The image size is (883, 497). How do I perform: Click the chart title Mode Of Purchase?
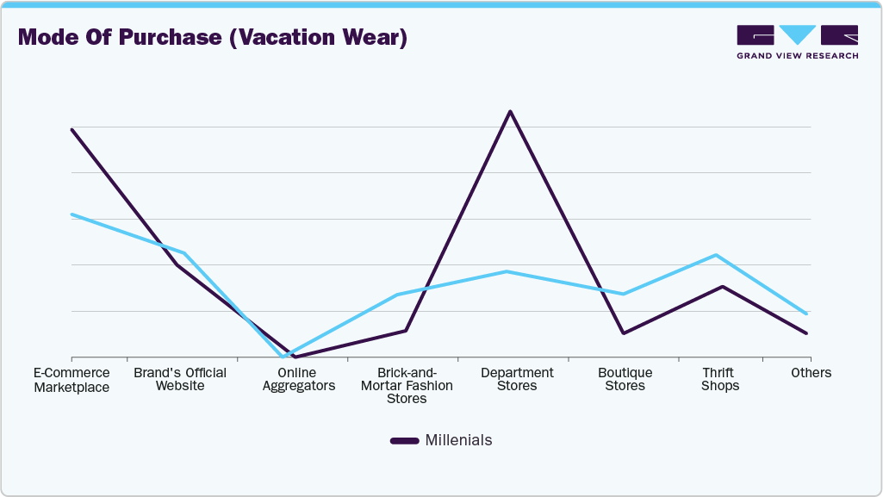[x=212, y=38]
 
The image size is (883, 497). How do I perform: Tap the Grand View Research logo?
[x=797, y=42]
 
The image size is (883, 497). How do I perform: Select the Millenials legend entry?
[x=441, y=440]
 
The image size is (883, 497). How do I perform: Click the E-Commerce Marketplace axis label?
[x=72, y=380]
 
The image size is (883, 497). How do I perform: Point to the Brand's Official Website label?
[x=180, y=380]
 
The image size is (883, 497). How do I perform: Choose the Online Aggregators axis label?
[x=295, y=380]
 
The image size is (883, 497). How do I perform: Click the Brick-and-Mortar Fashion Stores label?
[x=407, y=386]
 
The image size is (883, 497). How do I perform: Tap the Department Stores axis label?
[x=517, y=380]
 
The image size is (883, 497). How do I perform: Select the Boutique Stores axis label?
[x=625, y=380]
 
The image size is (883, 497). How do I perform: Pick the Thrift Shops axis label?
[x=719, y=380]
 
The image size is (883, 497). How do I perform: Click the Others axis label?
[x=811, y=373]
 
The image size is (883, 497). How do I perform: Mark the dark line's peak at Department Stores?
[x=510, y=112]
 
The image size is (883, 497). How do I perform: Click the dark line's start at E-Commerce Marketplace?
[x=72, y=130]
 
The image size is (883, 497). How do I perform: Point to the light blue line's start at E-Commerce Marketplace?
[x=72, y=214]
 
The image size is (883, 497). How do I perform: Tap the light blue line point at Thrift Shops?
[x=715, y=255]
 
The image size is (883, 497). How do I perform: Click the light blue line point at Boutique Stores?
[x=622, y=294]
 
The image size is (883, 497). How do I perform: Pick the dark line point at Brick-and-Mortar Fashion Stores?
[x=406, y=331]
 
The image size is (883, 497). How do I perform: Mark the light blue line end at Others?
[x=806, y=314]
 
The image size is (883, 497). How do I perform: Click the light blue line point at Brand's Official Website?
[x=184, y=253]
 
